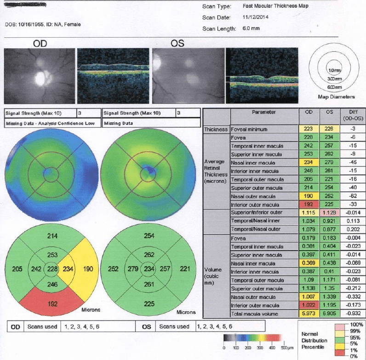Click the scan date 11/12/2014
[256, 17]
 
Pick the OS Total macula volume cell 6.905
[327, 314]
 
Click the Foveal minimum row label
[249, 130]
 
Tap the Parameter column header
[264, 112]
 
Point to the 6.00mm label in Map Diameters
[334, 87]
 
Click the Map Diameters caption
[336, 97]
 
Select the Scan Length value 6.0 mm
[252, 29]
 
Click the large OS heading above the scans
[177, 44]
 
